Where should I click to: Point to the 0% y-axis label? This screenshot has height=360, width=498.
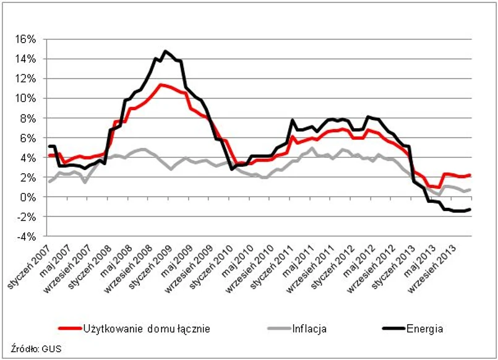30,197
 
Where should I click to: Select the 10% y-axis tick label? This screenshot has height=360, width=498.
27,98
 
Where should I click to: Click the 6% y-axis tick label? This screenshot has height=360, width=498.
30,138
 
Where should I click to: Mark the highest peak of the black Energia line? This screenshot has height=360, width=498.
165,51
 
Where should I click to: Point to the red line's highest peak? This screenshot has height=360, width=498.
160,84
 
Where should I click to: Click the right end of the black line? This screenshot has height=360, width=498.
471,209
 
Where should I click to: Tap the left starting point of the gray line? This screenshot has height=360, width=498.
49,181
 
